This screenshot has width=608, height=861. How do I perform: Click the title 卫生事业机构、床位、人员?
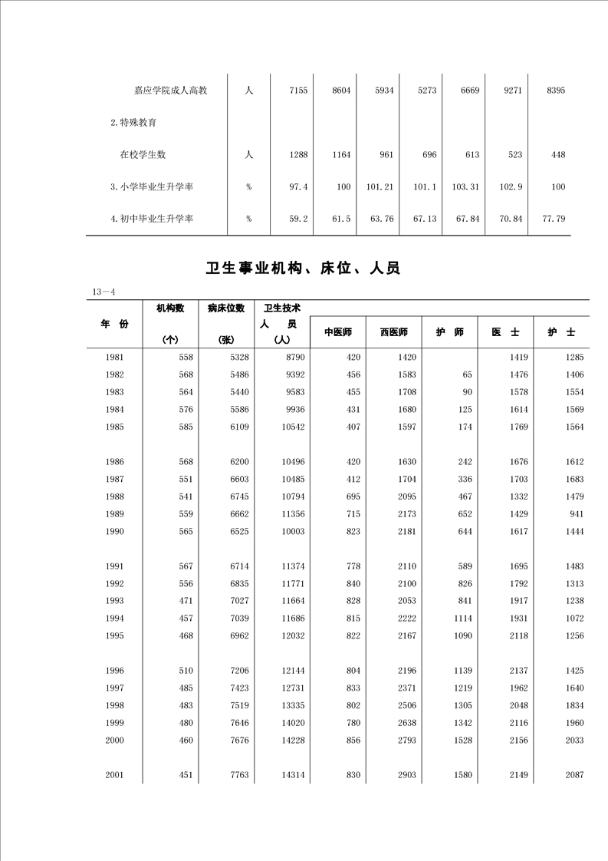point(304,269)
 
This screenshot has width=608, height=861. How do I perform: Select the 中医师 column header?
point(337,332)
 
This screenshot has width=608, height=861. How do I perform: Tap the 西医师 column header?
point(393,332)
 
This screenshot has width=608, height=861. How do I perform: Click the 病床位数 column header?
point(226,308)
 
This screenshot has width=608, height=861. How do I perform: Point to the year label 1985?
point(115,427)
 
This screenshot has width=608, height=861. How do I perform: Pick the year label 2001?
point(115,775)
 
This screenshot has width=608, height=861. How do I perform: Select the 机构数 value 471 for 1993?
point(186,601)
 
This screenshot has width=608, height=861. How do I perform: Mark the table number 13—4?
point(103,292)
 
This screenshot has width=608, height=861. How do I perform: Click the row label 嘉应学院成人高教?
point(170,91)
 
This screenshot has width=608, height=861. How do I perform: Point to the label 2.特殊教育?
point(134,122)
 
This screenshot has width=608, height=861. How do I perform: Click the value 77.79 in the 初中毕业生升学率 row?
point(553,219)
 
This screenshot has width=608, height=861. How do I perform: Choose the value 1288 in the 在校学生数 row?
point(298,154)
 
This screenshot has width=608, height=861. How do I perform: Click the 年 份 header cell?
point(115,324)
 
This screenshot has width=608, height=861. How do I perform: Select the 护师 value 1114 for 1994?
point(462,619)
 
